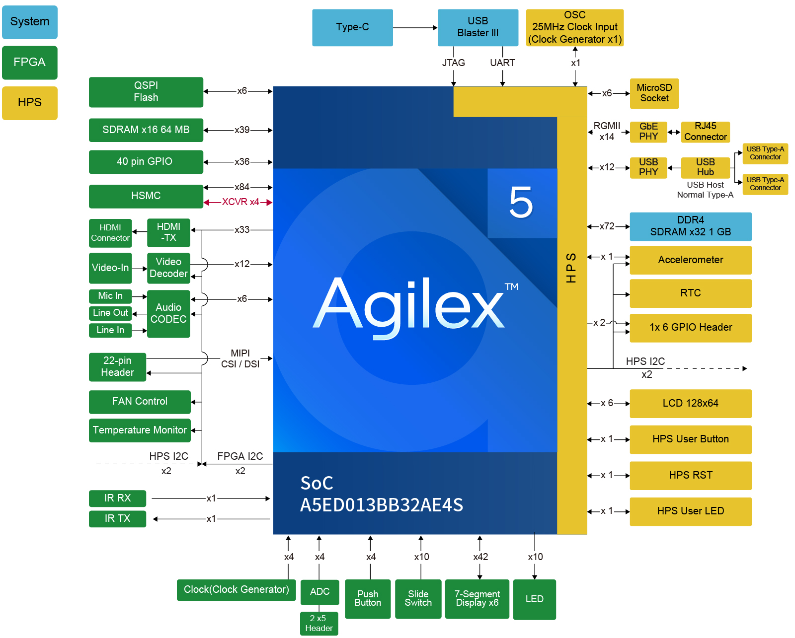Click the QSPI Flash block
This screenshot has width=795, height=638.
146,92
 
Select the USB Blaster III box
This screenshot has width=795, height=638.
477,27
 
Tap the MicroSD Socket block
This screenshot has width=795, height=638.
654,93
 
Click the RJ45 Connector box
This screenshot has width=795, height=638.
705,132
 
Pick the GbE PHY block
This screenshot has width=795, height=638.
648,132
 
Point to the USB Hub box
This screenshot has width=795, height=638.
705,168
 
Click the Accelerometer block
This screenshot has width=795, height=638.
690,260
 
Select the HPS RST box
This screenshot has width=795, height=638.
690,475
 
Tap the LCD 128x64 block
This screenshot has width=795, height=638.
690,403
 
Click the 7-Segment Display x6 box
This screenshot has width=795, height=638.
477,599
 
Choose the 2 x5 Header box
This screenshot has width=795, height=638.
318,624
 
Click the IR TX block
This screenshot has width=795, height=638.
117,519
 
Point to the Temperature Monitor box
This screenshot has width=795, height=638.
140,430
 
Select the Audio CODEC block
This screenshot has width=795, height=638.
168,313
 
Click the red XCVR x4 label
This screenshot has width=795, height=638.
240,202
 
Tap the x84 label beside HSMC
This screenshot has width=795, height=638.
242,187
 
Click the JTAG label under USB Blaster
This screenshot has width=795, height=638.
453,63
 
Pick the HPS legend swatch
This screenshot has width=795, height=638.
30,103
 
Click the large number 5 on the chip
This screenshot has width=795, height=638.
521,203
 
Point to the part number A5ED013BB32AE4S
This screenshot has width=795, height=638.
381,505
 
